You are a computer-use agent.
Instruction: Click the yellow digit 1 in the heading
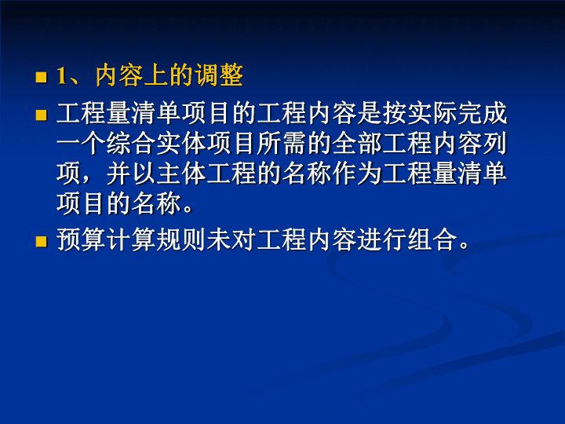click(x=62, y=76)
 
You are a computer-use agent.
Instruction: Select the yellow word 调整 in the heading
click(x=219, y=75)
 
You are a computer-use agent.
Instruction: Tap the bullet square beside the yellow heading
click(x=41, y=77)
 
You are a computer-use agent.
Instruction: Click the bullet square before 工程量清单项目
click(x=41, y=115)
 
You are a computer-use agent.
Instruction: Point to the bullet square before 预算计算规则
click(x=41, y=241)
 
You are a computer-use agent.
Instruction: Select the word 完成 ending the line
click(x=482, y=113)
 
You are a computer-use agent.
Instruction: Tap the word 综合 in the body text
click(x=131, y=144)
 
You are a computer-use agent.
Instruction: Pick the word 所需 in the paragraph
click(x=282, y=144)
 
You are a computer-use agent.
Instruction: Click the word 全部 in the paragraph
click(x=357, y=144)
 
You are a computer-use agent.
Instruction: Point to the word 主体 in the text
click(x=181, y=174)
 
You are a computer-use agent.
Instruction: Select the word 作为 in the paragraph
click(x=357, y=174)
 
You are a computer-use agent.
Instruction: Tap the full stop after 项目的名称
click(x=188, y=209)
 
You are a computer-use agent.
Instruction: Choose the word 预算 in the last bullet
click(x=81, y=239)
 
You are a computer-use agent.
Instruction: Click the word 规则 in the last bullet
click(x=181, y=239)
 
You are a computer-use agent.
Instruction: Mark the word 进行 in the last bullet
click(x=382, y=239)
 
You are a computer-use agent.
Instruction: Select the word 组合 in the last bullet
click(x=432, y=239)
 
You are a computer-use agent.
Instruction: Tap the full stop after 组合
click(x=464, y=245)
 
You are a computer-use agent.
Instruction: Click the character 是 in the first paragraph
click(x=370, y=113)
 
